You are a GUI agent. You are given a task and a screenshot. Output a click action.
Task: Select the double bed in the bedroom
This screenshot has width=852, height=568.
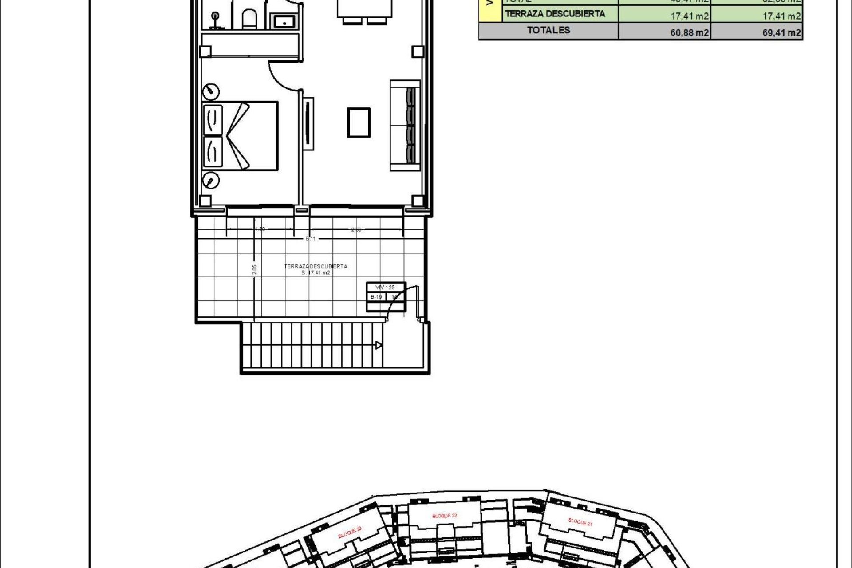[240, 135]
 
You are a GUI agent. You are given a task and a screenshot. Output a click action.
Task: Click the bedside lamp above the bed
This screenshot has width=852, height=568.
[211, 91]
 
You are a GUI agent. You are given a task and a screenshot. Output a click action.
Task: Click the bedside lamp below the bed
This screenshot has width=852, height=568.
[211, 180]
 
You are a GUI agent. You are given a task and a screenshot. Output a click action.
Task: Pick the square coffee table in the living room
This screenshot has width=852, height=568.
[359, 122]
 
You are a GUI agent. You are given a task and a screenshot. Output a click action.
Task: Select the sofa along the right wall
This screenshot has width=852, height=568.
[405, 125]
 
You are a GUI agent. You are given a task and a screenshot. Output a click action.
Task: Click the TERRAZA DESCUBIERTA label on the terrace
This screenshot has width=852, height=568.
[316, 267]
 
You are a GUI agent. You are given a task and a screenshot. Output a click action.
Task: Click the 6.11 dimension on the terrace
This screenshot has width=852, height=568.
[310, 238]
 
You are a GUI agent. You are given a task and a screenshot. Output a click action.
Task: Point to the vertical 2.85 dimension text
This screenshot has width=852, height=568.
[254, 270]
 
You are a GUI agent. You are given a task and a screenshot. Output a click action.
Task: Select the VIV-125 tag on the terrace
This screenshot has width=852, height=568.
[385, 288]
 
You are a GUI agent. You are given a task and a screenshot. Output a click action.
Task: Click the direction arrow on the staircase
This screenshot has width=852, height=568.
[378, 345]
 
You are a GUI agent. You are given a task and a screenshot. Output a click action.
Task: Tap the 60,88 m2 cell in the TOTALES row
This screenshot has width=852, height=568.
[689, 32]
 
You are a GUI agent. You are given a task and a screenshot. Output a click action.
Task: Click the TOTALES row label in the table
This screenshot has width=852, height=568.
[548, 31]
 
